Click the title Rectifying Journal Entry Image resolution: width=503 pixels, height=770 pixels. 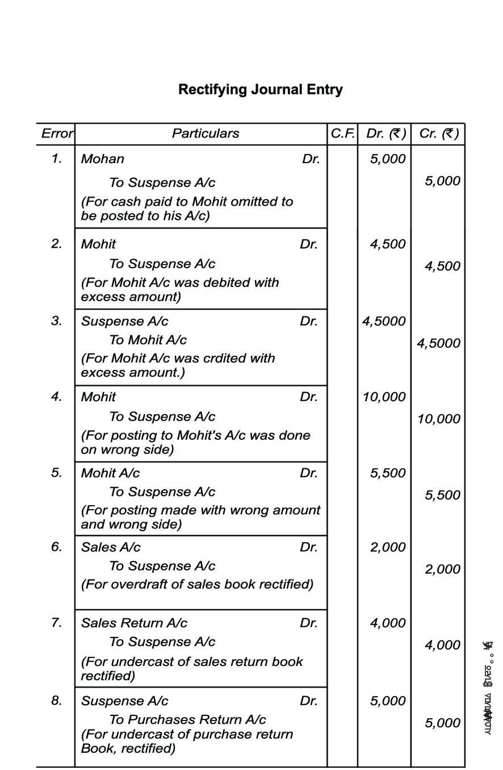[x=260, y=90]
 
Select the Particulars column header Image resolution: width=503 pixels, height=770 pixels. [x=206, y=134]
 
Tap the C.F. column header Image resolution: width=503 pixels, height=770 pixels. [x=342, y=134]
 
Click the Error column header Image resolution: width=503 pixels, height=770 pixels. [x=56, y=134]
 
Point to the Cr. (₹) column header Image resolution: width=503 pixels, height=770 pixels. [x=438, y=134]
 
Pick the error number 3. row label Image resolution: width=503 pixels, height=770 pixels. [x=56, y=321]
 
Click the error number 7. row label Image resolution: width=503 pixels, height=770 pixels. [x=56, y=622]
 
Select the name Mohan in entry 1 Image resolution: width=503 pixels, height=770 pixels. [x=102, y=159]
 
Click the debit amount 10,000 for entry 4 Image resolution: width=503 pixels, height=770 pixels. [x=384, y=397]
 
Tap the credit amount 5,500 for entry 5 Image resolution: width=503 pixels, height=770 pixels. [x=442, y=496]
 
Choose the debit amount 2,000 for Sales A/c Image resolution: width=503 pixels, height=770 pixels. [x=388, y=547]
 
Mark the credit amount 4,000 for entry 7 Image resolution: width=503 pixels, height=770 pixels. [x=442, y=645]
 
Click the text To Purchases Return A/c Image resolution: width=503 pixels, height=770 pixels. [x=187, y=719]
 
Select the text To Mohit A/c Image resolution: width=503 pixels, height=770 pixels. [x=148, y=340]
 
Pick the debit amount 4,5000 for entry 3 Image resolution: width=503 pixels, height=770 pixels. [x=384, y=321]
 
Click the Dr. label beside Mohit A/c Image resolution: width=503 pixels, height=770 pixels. [x=309, y=473]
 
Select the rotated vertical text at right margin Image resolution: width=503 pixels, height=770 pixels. [x=488, y=688]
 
